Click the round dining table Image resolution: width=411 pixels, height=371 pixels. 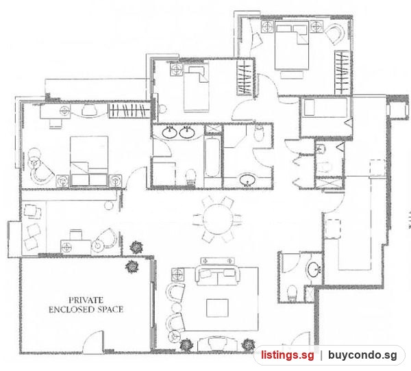tap(217, 219)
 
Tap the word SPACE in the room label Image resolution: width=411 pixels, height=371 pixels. tap(110, 309)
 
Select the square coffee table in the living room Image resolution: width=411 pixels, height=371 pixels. tap(217, 308)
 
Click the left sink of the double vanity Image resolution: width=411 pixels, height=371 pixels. tap(170, 133)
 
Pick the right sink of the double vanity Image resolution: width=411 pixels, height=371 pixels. tap(186, 133)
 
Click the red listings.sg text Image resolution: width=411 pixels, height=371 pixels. tap(287, 355)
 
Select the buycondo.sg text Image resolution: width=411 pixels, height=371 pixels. tap(362, 355)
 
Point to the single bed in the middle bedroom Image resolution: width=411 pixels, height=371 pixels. tap(196, 88)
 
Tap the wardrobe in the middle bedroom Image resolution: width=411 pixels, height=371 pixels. tap(245, 77)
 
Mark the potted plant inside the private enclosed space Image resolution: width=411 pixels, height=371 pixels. tap(132, 267)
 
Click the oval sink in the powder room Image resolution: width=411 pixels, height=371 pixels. tap(314, 270)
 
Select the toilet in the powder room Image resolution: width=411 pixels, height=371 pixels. tap(292, 293)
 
